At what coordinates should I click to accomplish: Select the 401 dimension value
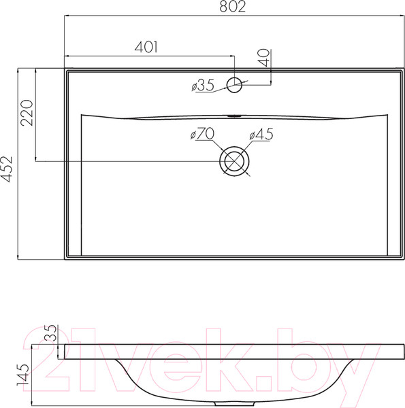click(x=147, y=47)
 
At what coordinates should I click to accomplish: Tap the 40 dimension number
click(x=263, y=56)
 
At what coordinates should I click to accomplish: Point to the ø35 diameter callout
click(x=203, y=85)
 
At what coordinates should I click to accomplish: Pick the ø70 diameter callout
click(x=201, y=134)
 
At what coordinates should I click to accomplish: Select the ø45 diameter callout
click(x=261, y=135)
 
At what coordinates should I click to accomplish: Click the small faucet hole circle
click(x=236, y=85)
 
